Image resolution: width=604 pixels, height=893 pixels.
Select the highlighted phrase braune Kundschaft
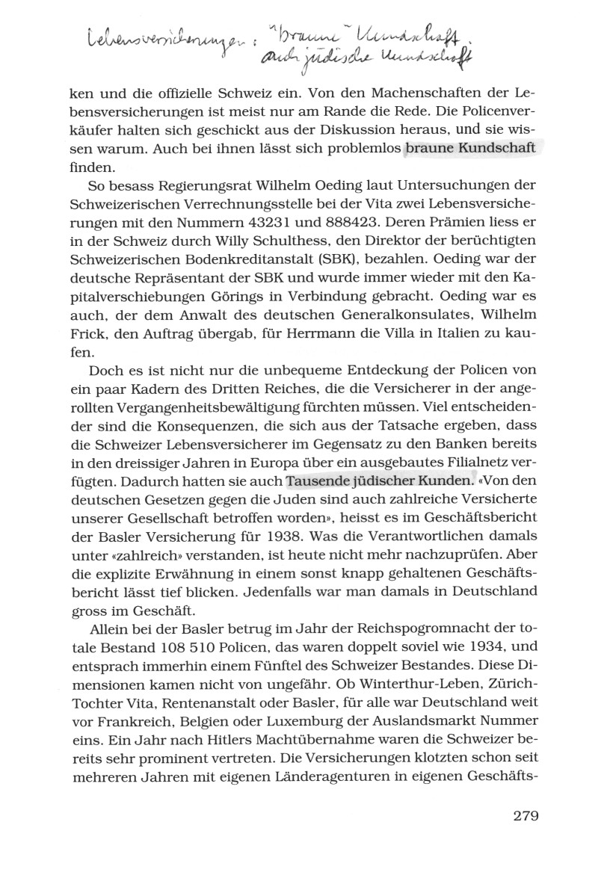469,148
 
